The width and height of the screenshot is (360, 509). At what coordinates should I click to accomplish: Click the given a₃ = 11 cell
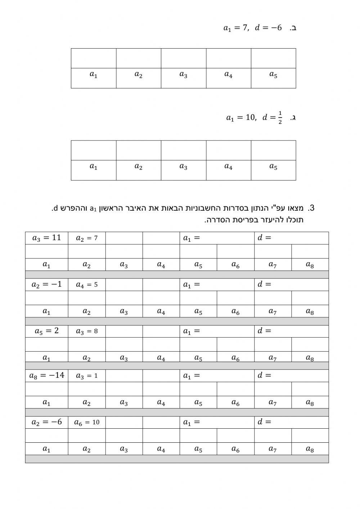(46, 238)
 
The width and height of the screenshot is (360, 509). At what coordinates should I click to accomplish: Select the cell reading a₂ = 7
(86, 238)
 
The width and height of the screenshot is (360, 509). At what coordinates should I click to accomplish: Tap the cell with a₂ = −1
(46, 285)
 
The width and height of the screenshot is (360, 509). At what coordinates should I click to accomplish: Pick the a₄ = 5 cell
(86, 285)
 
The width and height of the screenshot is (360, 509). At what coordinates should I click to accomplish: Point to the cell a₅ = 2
(46, 331)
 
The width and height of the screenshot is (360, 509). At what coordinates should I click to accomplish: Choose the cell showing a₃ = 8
(86, 331)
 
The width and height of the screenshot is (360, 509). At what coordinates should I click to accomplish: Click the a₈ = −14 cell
(46, 375)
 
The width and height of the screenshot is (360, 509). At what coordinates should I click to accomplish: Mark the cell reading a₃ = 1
(86, 375)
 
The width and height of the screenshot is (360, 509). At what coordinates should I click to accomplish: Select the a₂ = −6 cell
(46, 422)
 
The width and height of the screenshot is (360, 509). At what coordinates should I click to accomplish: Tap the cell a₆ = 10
(86, 422)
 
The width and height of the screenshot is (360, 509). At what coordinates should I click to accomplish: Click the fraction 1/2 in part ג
(280, 118)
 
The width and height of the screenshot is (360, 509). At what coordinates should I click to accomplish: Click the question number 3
(311, 208)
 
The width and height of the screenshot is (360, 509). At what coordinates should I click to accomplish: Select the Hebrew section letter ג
(294, 117)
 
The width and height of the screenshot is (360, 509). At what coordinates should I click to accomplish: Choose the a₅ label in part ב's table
(273, 75)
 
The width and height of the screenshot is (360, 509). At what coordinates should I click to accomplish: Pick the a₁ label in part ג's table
(93, 167)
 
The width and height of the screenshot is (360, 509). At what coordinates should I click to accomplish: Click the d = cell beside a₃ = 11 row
(291, 238)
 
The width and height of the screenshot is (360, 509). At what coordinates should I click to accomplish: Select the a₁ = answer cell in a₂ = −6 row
(217, 422)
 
